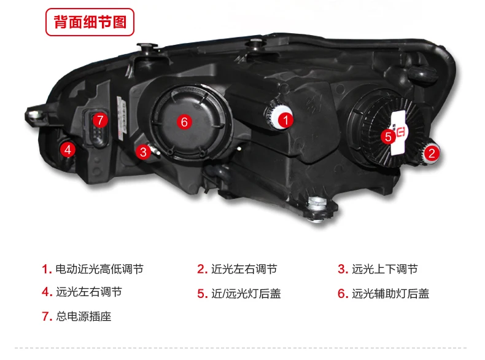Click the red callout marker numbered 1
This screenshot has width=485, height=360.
[285, 120]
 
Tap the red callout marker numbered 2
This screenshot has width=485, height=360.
[432, 153]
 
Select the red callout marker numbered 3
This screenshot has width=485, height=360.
[143, 152]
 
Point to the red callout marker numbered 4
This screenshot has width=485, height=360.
[68, 150]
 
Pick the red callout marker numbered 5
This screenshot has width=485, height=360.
[388, 136]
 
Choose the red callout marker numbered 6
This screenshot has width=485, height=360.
[184, 122]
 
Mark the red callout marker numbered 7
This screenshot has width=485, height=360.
[100, 120]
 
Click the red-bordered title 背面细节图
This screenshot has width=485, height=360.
[90, 22]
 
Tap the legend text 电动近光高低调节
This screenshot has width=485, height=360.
[99, 269]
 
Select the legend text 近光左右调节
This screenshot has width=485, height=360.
[244, 269]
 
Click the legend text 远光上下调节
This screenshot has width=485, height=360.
[385, 269]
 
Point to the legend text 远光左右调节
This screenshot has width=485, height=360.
[89, 292]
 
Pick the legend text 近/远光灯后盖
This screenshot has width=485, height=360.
[246, 294]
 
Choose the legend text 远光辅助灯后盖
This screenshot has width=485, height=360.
[390, 294]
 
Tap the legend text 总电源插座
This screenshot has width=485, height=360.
[83, 316]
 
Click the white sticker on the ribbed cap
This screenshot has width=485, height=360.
[398, 133]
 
